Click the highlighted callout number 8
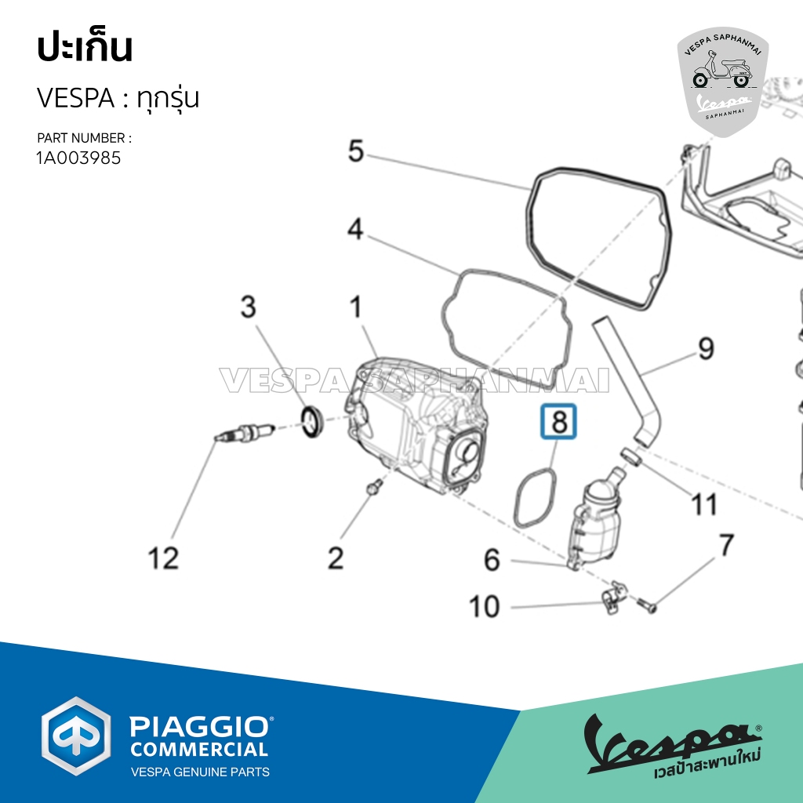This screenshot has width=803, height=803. point(558,421)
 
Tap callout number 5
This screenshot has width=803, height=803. point(356,151)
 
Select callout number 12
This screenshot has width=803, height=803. point(163,558)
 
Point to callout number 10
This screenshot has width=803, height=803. point(484,606)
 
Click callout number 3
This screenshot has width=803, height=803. point(249,307)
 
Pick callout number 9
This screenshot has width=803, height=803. point(706,348)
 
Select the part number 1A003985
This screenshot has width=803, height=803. point(79,158)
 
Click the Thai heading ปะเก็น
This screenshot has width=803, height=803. point(85,48)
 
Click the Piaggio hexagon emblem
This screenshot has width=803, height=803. point(76,736)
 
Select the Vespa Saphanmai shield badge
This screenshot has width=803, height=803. point(722,82)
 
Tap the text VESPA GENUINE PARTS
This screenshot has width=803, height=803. point(200,772)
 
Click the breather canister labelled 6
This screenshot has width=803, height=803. point(597,520)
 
